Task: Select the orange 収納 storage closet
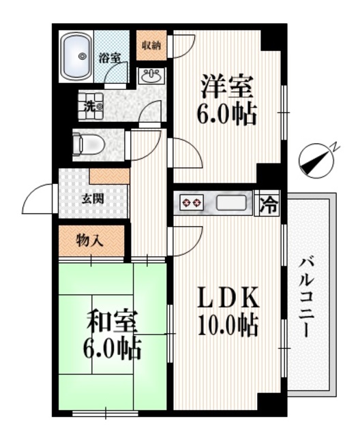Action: [x=151, y=46]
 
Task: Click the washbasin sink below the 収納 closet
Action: [x=151, y=76]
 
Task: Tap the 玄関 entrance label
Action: [x=94, y=200]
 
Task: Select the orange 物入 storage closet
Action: [x=90, y=240]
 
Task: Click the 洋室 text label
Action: [x=228, y=89]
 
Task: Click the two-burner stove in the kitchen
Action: [x=192, y=203]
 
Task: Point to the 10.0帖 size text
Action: [x=228, y=325]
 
